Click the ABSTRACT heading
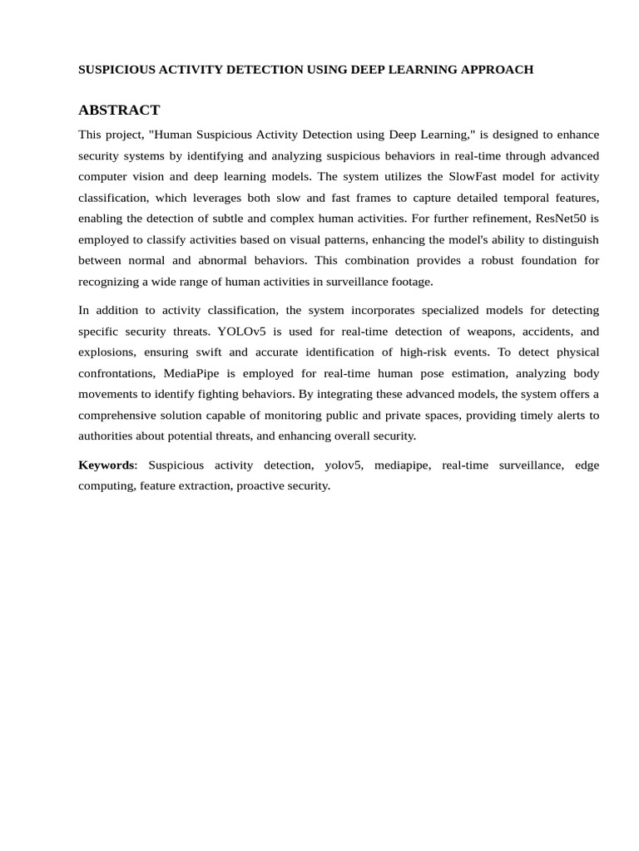coord(119,110)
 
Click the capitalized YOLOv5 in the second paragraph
coord(241,331)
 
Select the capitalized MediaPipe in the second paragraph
coord(194,373)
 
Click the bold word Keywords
coord(106,465)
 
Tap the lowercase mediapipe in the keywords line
coord(403,465)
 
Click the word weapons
coord(485,331)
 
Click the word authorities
coord(109,435)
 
